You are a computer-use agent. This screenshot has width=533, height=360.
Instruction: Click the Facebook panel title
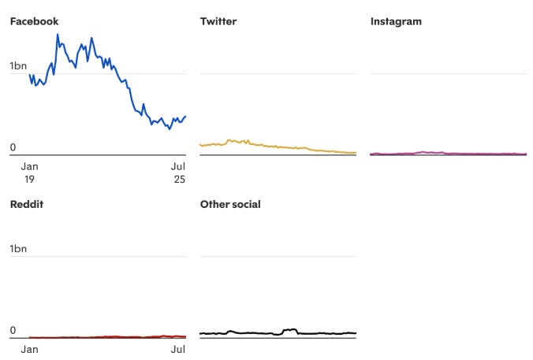coord(34,21)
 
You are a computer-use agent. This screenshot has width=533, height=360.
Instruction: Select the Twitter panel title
coord(218,21)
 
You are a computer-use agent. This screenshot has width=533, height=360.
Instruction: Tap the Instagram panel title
coord(396,21)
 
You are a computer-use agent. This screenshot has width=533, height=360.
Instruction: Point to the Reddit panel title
coord(26,204)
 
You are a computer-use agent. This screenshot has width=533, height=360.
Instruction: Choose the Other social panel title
coord(230,204)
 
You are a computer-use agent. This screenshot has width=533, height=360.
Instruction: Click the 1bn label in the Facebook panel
coord(18,66)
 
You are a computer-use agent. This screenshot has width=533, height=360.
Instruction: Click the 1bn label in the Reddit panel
coord(18,249)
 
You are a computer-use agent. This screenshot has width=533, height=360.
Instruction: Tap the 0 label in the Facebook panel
coord(13,147)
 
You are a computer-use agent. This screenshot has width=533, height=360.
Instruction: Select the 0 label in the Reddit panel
coord(13,330)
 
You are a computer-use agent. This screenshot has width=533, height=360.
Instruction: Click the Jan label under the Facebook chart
coord(29,166)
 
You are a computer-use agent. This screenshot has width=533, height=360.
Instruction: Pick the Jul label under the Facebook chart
coord(178,166)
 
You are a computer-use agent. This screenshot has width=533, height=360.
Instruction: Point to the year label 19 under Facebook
coord(29,179)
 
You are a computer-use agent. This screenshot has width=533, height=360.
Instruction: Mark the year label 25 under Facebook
coord(178,179)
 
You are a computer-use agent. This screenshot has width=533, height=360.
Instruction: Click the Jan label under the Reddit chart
coord(29,349)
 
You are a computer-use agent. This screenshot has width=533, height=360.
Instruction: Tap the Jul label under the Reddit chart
coord(178,349)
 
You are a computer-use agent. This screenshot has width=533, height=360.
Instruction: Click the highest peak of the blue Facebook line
coord(57,34)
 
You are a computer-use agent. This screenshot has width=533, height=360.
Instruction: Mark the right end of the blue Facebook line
coord(185,117)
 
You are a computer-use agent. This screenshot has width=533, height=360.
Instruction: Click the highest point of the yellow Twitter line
coord(229,140)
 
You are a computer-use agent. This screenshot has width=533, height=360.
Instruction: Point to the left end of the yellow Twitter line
coord(200,144)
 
